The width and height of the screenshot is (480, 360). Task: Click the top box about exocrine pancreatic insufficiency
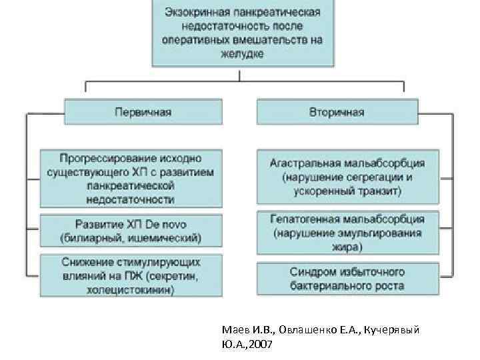pos(243,33)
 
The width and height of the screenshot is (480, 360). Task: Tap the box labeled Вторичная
pos(337,111)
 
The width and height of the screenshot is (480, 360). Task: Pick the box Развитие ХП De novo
pos(131,229)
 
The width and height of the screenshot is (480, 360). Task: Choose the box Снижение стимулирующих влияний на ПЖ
pos(131,275)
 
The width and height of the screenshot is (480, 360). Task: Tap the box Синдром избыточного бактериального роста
pos(347,279)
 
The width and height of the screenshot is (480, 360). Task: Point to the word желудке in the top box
pos(243,54)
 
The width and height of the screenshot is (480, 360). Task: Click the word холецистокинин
pos(131,290)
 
